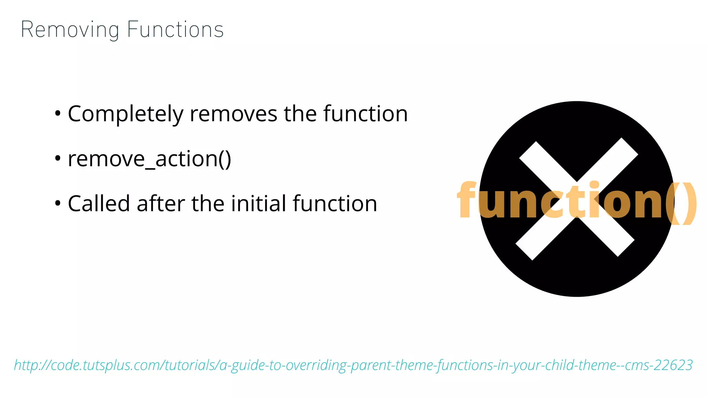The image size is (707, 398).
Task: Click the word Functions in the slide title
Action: [175, 30]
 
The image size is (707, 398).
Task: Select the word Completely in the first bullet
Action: [126, 114]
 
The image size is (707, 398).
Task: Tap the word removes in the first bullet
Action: [233, 114]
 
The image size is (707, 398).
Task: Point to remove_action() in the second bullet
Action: [149, 159]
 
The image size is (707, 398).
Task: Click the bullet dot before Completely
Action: [58, 113]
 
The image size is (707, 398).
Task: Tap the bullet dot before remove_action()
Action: [58, 159]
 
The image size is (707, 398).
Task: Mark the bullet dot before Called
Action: [58, 203]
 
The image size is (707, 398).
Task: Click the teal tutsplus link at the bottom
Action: [353, 365]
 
